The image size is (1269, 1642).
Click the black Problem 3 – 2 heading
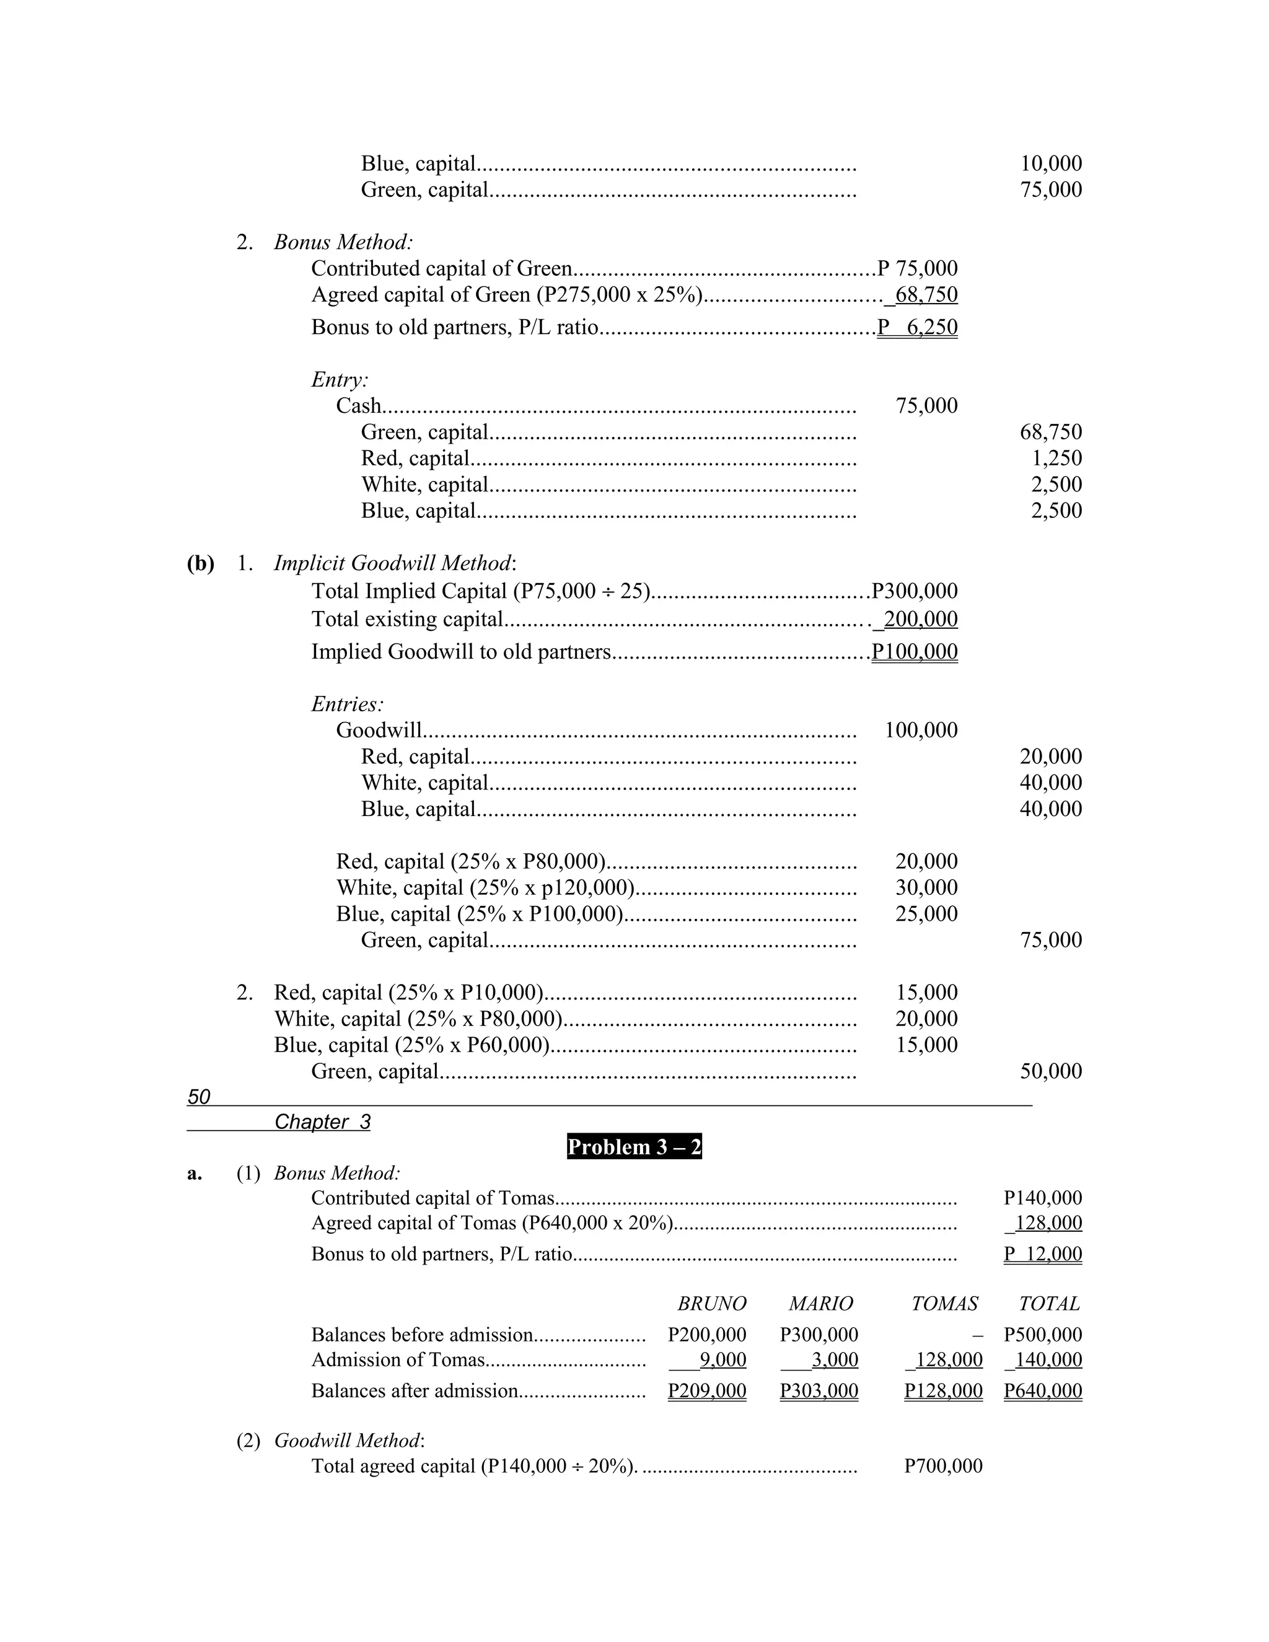634,1146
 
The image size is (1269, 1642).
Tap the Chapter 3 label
322,1122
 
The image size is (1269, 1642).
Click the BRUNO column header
711,1303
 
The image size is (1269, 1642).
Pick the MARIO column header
820,1303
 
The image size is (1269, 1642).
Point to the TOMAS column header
944,1303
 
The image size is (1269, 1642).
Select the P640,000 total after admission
1043,1390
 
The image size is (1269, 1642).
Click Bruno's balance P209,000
706,1390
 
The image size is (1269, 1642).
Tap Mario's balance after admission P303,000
819,1390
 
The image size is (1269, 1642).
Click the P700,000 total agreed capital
944,1465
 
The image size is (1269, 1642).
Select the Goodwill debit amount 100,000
921,730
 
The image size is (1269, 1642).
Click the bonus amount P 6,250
917,327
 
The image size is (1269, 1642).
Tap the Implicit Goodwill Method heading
395,563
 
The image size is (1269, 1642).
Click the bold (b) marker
201,563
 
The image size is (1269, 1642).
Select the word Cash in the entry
359,406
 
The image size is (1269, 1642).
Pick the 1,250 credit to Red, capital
1056,458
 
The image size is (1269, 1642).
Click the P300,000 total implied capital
914,591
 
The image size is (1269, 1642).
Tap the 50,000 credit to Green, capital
1050,1071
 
